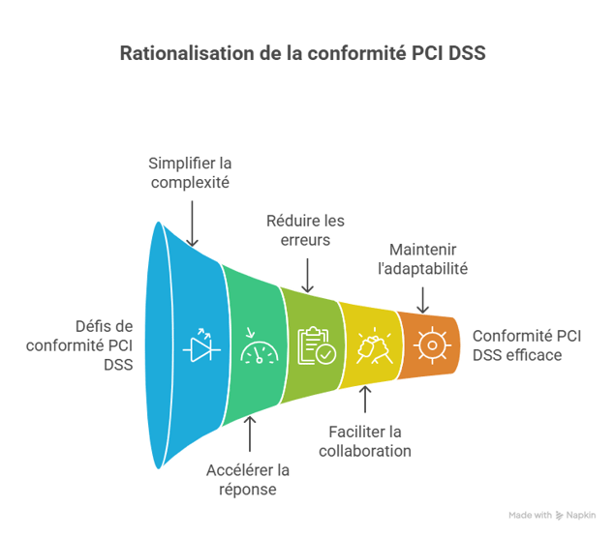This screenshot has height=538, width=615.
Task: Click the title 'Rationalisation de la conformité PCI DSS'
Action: coord(302,52)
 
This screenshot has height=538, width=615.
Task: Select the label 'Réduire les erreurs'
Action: coord(306,230)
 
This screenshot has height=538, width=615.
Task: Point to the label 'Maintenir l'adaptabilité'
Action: coord(428,258)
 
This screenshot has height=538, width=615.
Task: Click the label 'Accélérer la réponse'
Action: coord(249,480)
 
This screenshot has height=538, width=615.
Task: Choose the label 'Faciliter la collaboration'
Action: coord(365,441)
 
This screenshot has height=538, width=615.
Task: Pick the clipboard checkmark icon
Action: coord(315,345)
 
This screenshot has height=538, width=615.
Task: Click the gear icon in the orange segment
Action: coord(428,344)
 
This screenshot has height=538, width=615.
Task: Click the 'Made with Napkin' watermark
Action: coord(553,517)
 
